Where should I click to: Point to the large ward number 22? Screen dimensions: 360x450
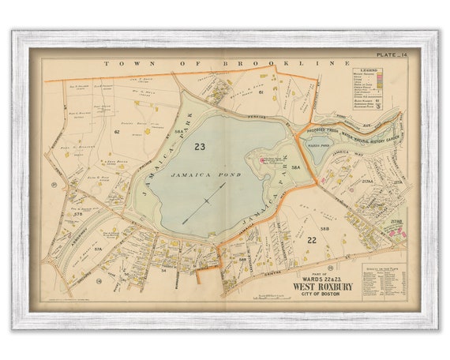pos(311,240)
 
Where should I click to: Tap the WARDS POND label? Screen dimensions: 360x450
pos(317,143)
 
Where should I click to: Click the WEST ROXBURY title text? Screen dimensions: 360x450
pos(320,285)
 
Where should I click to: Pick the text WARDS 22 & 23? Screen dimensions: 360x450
pos(320,276)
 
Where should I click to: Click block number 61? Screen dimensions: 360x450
pos(260,92)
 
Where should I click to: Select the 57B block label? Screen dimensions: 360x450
pos(77,214)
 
